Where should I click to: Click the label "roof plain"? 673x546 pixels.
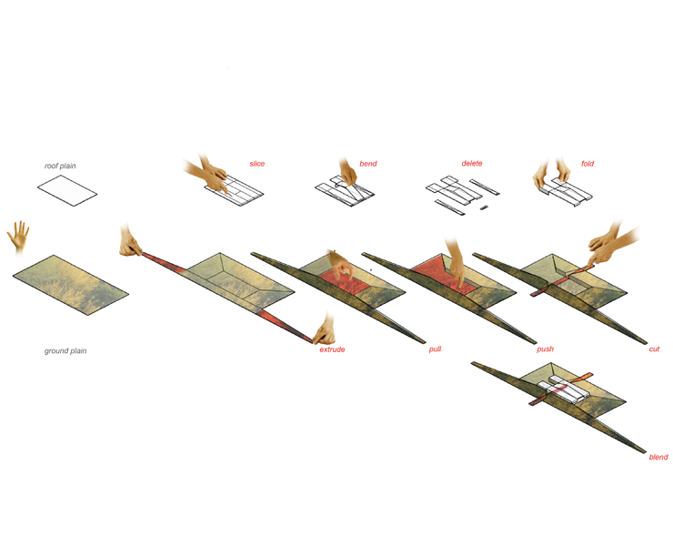pos(60,166)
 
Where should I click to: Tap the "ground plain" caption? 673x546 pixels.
pos(65,351)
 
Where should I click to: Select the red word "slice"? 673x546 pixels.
pos(257,164)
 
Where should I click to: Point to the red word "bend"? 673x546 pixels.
pos(368,164)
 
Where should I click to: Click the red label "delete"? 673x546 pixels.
pos(472,163)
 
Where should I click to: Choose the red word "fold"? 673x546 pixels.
pos(588,164)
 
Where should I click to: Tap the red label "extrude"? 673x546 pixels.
pos(332,349)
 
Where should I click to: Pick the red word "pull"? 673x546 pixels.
pos(435,349)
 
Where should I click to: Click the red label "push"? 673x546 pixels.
pos(545,349)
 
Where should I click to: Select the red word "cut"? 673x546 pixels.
pos(654,349)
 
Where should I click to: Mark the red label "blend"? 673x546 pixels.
pos(658,457)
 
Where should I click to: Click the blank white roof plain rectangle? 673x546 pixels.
pos(67,190)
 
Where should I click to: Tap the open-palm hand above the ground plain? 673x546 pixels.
pos(18,237)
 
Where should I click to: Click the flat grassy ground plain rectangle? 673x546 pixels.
pos(70,285)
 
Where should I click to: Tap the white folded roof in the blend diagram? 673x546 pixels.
pos(562,389)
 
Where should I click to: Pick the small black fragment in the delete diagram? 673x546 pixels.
pos(484,207)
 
